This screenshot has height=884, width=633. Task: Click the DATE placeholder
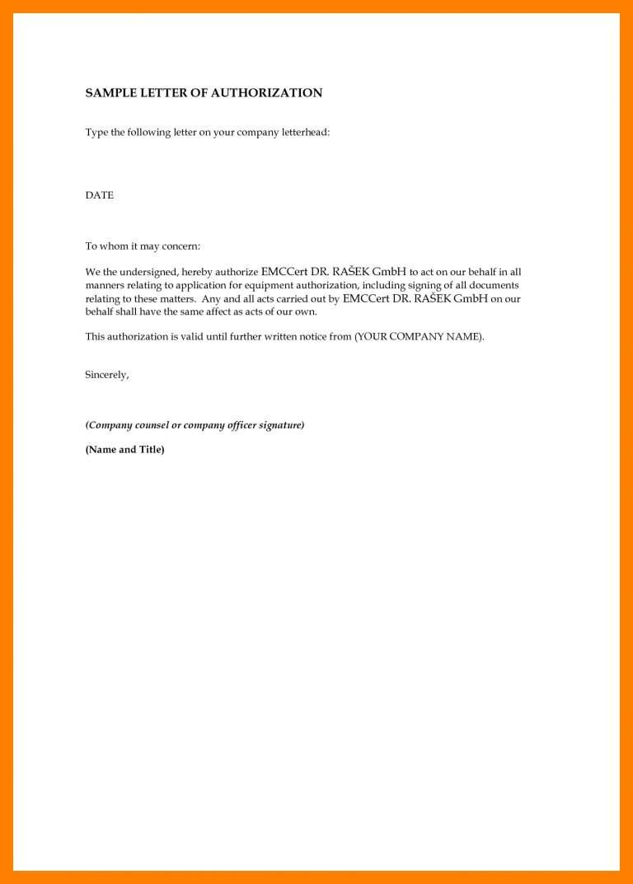point(100,195)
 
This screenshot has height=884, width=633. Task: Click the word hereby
point(198,272)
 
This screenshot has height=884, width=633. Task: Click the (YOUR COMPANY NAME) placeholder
point(420,337)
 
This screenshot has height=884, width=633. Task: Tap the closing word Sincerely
point(107,375)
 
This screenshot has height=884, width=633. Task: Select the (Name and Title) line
point(125,450)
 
